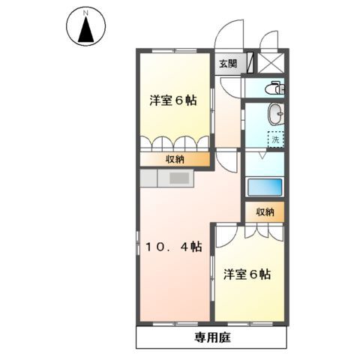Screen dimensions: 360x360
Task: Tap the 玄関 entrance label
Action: [x=229, y=64]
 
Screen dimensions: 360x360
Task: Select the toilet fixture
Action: [x=276, y=88]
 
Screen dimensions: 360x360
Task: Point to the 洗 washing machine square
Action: [x=277, y=139]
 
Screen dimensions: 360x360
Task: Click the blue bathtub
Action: [x=265, y=187]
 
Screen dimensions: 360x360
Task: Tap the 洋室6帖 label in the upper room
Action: [x=172, y=100]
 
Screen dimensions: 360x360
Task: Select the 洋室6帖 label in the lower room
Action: [x=246, y=274]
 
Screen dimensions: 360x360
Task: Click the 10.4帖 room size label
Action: [x=173, y=247]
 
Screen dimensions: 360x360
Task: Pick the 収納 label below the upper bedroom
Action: [x=175, y=159]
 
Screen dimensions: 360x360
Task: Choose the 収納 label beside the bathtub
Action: [x=265, y=212]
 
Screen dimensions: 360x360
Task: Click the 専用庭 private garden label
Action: [x=209, y=337]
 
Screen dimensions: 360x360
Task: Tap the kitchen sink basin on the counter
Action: [x=180, y=178]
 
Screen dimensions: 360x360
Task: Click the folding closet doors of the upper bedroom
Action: [x=175, y=143]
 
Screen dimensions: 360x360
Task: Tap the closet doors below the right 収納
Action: [x=265, y=230]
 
